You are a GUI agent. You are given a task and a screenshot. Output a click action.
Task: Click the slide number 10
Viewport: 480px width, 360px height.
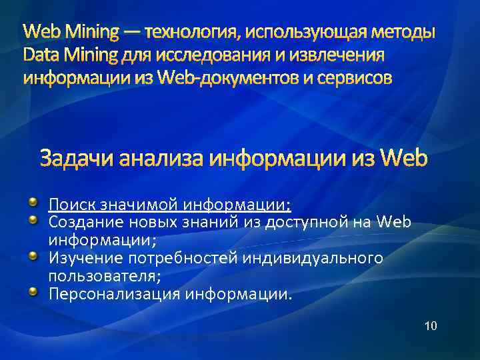point(431,326)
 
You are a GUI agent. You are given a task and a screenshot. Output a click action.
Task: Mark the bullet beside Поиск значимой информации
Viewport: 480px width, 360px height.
point(33,201)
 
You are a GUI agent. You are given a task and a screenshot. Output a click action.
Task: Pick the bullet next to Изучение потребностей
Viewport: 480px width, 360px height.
point(33,255)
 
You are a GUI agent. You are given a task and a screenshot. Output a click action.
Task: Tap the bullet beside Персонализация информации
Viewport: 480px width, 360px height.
point(33,291)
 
